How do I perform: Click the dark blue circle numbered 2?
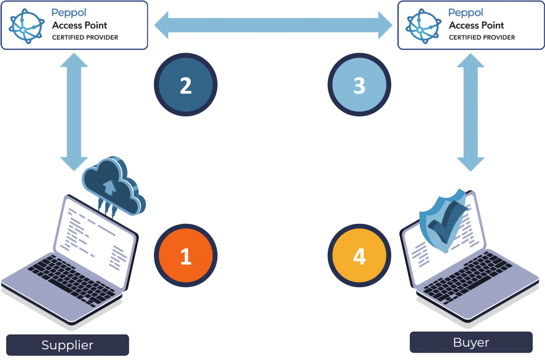[186, 85]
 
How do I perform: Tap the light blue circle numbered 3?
[359, 85]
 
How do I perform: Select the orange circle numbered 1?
[186, 256]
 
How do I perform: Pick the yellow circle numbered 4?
[359, 256]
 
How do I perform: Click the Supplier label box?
[68, 345]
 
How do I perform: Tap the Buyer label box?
[471, 342]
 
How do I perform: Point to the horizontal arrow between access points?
[274, 26]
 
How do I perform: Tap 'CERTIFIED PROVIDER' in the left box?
[85, 38]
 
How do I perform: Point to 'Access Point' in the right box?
[476, 25]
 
